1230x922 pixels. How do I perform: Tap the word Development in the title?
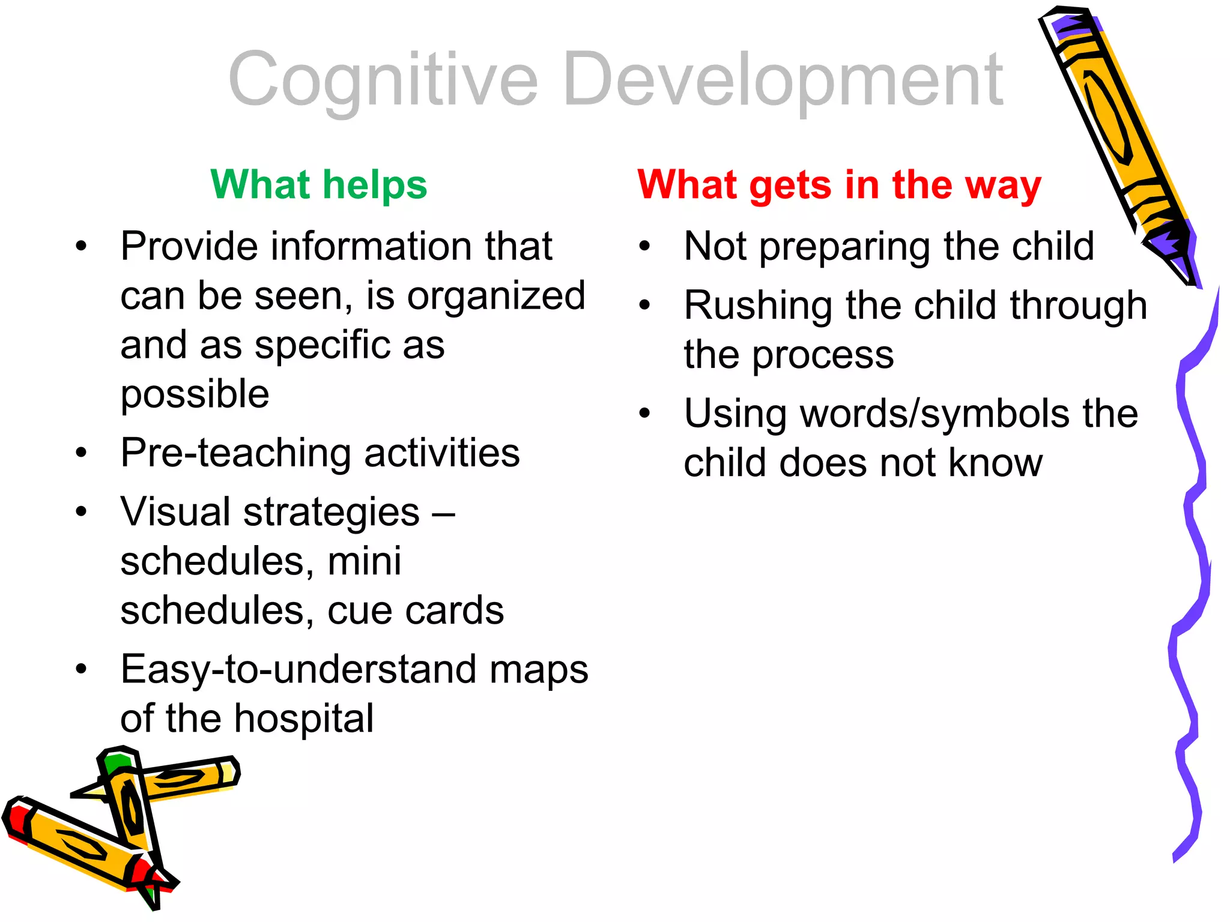coord(783,81)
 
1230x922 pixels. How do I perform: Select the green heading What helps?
coord(318,184)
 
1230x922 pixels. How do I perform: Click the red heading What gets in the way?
coord(839,184)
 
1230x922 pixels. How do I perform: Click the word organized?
coord(496,296)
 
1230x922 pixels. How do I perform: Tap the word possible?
coord(195,395)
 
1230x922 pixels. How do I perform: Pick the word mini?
coord(364,562)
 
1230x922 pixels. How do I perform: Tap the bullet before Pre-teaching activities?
coord(82,453)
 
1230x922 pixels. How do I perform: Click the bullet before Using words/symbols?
coord(645,414)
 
